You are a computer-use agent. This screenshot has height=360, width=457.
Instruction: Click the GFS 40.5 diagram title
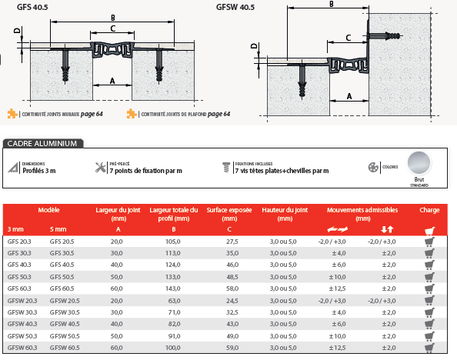pos(32,7)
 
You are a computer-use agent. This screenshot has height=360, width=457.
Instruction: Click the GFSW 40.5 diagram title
pos(235,7)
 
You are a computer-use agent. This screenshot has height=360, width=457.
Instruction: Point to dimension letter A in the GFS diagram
pos(112,81)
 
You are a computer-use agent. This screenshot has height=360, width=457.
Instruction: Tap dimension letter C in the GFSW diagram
pos(349,38)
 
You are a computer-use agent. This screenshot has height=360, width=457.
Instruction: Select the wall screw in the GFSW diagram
pos(384,36)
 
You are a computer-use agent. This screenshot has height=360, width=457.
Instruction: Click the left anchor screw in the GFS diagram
pos(65,66)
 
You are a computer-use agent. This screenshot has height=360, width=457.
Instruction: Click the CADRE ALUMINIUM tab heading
pos(42,143)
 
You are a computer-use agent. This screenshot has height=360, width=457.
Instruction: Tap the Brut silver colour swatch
pos(419,162)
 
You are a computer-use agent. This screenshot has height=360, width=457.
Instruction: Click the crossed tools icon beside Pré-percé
pos(101,168)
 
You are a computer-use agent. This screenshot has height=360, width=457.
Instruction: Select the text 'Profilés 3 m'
pos(39,171)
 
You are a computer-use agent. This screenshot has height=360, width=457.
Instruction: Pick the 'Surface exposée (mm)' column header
pos(229,215)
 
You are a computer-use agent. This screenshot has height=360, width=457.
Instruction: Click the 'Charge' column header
pos(429,210)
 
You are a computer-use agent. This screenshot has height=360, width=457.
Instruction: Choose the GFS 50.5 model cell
pos(62,277)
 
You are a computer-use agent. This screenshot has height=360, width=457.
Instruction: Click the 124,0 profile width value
pos(173,265)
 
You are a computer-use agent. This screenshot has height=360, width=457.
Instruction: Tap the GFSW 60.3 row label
pos(22,348)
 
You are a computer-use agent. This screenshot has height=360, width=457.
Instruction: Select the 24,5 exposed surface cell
pos(232,301)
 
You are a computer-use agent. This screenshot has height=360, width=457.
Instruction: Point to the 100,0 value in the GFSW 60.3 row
pos(173,348)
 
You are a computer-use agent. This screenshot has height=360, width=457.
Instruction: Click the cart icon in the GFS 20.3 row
pos(429,242)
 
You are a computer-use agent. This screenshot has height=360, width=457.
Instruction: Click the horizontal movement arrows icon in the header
pos(337,229)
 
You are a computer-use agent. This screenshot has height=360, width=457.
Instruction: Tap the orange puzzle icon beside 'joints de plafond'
pos(132,114)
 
